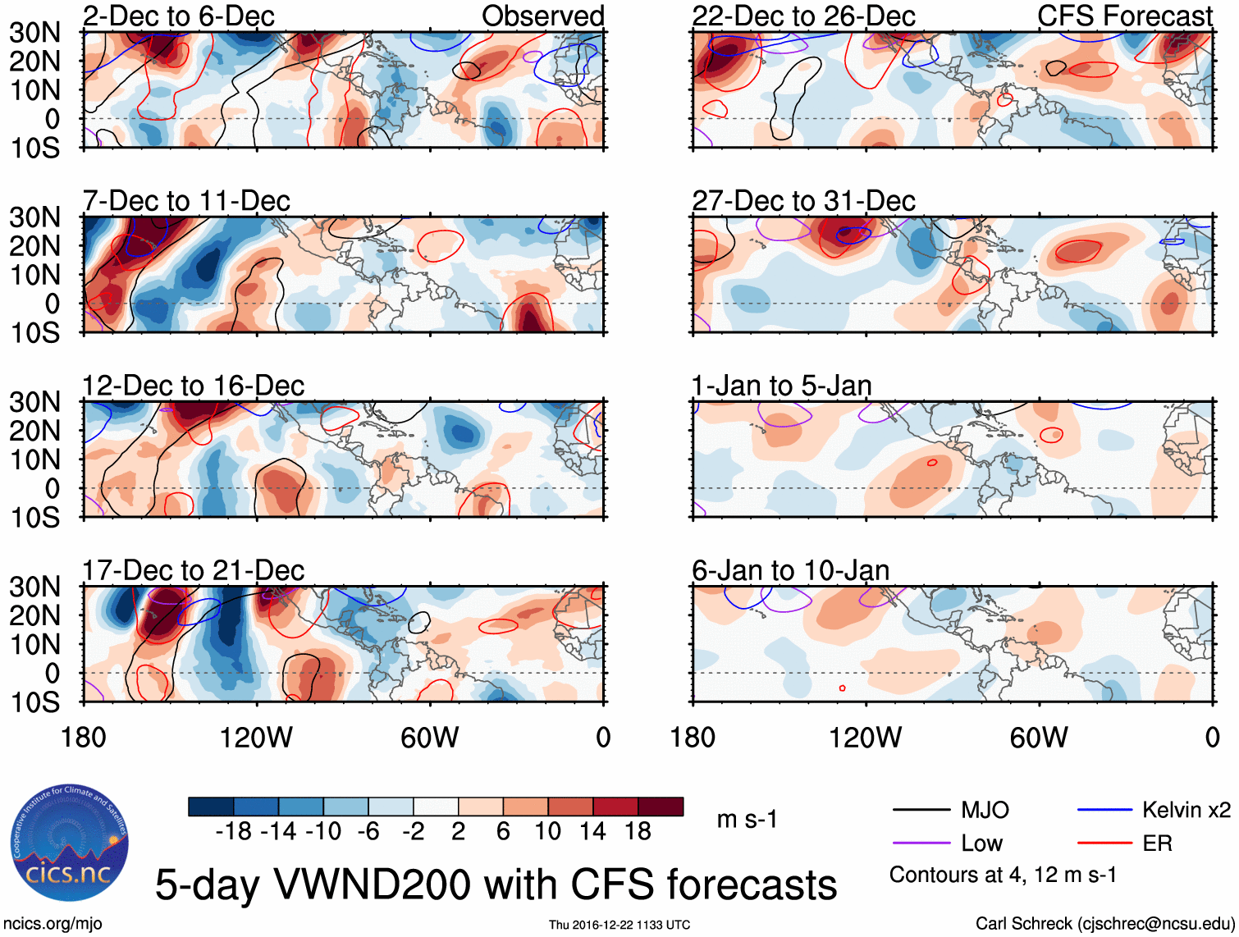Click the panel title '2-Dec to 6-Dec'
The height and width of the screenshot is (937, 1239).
[x=178, y=16]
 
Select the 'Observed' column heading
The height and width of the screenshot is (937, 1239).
[x=542, y=16]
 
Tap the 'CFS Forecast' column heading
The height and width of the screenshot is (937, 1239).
[x=1125, y=16]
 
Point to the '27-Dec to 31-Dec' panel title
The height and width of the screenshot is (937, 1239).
[x=803, y=201]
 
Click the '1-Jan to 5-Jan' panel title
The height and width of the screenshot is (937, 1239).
[x=781, y=386]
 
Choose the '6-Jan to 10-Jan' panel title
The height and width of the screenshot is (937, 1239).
[x=790, y=570]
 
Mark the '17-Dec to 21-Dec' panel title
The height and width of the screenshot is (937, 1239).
[x=193, y=570]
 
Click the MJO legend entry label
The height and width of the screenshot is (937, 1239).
[x=985, y=811]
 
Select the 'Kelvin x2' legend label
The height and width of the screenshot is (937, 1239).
[x=1186, y=811]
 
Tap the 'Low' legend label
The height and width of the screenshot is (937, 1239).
[x=981, y=843]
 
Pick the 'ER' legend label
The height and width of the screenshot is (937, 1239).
[x=1157, y=843]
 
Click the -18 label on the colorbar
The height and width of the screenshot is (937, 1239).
[x=233, y=832]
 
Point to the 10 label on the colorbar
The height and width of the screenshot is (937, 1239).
[x=547, y=832]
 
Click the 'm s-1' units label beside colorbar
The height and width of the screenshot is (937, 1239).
[x=747, y=820]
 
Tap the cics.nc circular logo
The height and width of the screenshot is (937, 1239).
[x=70, y=843]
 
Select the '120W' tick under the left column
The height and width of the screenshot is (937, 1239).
[x=256, y=738]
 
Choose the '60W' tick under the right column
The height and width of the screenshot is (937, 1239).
[x=1039, y=738]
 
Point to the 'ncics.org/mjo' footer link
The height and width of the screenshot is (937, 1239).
[x=53, y=924]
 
